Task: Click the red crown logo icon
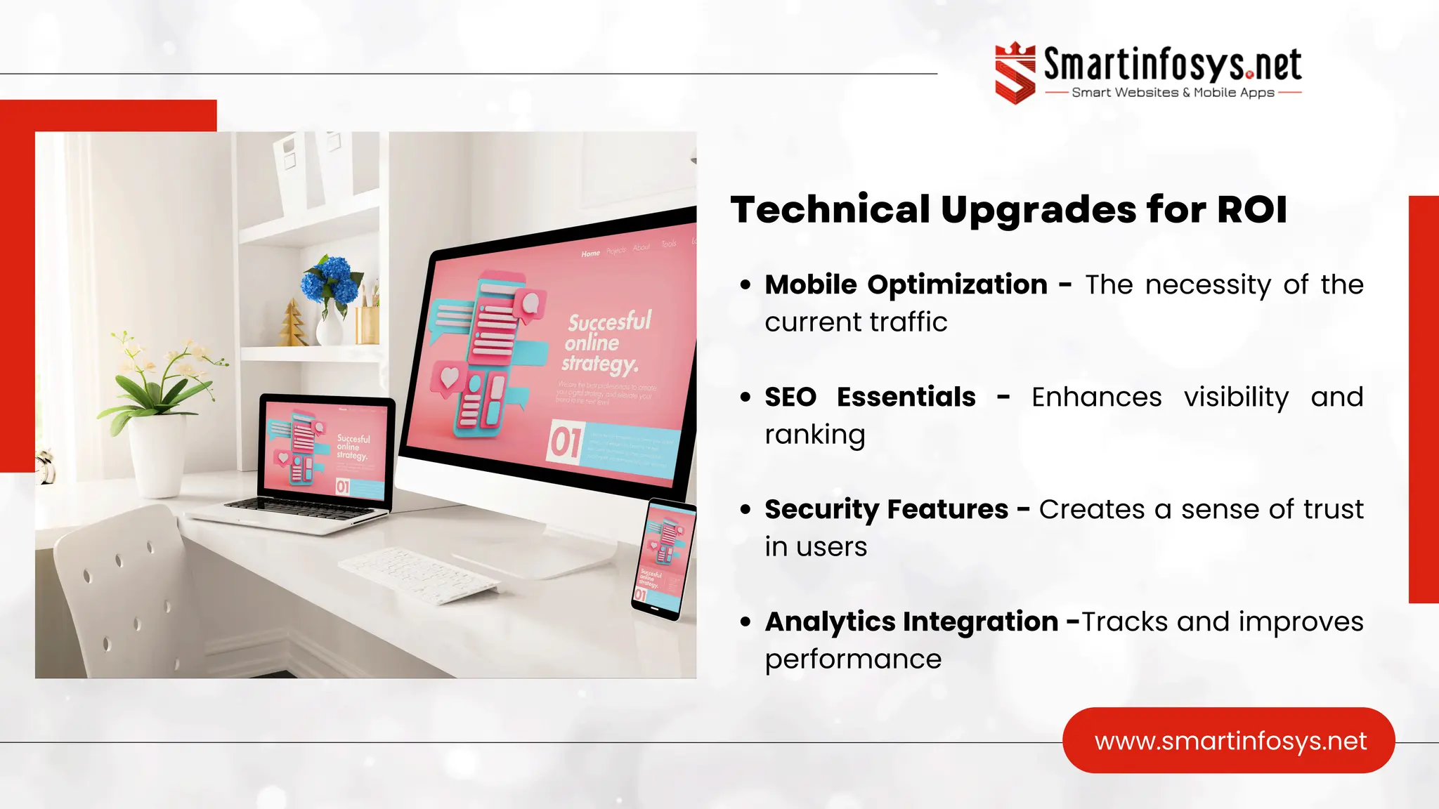click(1015, 73)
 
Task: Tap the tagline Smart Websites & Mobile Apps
click(1173, 93)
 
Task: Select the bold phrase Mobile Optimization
click(906, 284)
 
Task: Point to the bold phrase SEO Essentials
click(870, 397)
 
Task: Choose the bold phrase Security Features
click(886, 509)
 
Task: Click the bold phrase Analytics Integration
click(911, 621)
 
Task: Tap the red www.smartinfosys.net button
click(1229, 741)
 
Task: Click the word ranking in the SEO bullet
click(814, 435)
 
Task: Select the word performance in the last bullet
click(853, 659)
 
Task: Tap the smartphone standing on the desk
click(663, 558)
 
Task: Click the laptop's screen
click(326, 449)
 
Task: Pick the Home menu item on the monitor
click(590, 254)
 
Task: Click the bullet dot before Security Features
click(745, 509)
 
